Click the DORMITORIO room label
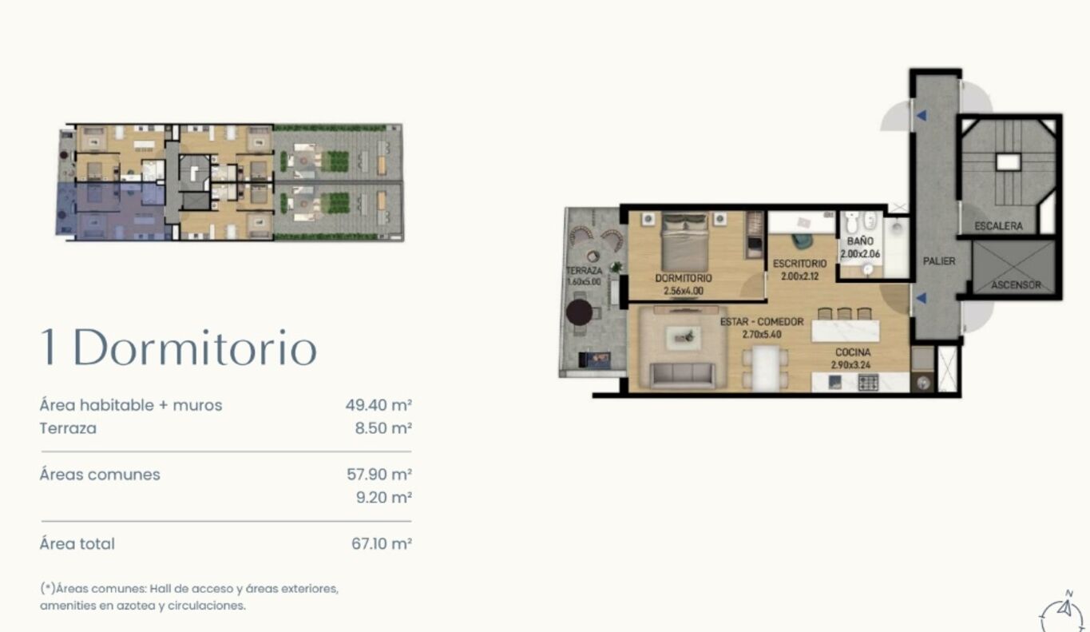[684, 278]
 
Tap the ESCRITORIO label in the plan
[799, 264]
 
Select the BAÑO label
[860, 241]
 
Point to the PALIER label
[939, 261]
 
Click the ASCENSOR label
[1016, 284]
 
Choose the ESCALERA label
[998, 226]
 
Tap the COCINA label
[853, 352]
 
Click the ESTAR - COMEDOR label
[762, 321]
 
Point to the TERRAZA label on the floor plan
[584, 271]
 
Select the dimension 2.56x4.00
[684, 291]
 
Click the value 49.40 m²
[379, 404]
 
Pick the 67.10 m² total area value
[382, 543]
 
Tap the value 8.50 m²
[383, 428]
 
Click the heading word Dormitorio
[195, 348]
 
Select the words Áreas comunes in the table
[100, 475]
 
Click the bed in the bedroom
[684, 242]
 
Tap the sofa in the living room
[683, 375]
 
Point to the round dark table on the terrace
[579, 312]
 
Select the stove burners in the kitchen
[868, 382]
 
